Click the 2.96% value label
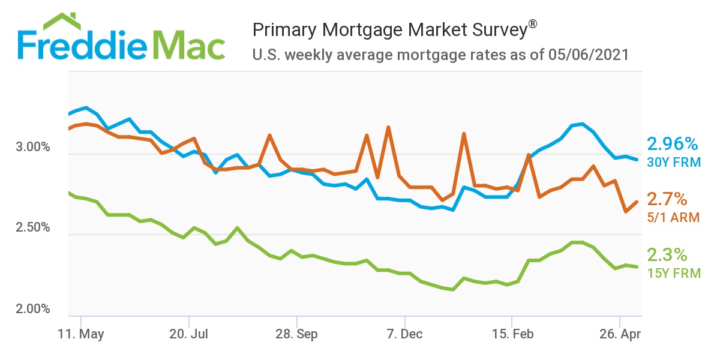[672, 145]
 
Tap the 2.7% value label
[667, 200]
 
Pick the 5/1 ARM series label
[673, 217]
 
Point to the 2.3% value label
[667, 255]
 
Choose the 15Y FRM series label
[673, 273]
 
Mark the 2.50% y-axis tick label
[34, 229]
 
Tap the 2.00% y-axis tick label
[34, 309]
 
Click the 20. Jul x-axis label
[190, 333]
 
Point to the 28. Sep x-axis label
[297, 333]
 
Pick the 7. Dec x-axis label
[405, 333]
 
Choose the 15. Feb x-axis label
[512, 333]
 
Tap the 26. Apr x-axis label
[619, 333]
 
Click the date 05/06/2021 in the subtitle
[588, 55]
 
